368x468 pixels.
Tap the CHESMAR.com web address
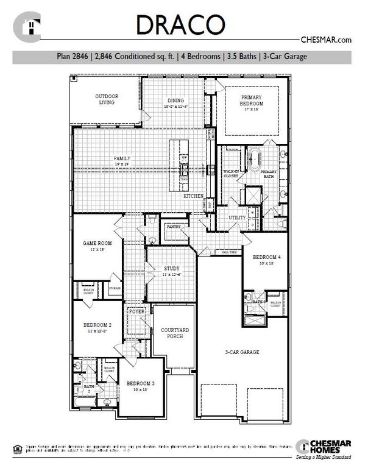click(327, 40)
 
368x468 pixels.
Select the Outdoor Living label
click(106, 99)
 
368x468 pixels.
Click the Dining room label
click(175, 101)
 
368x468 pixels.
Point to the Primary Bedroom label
click(252, 101)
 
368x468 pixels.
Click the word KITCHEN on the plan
click(194, 197)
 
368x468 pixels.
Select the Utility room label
click(238, 218)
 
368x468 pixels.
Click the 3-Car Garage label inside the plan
click(242, 352)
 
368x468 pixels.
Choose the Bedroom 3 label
click(141, 383)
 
